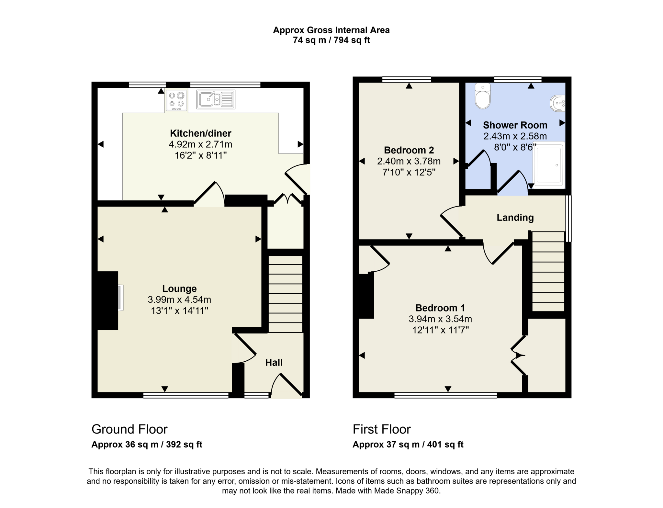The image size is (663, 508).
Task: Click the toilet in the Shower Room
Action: tap(482, 96)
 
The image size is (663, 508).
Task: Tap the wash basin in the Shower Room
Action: tap(558, 103)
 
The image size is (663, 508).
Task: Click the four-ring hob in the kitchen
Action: tap(176, 100)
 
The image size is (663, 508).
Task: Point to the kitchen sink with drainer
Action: tap(216, 99)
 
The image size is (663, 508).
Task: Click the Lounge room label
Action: tap(179, 288)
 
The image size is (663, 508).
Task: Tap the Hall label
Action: tap(274, 362)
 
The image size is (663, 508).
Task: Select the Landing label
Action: tap(515, 218)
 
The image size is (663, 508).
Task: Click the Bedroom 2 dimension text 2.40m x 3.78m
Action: tap(409, 161)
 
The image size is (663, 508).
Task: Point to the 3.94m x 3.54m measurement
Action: tap(440, 319)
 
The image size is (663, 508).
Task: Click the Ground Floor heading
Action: tap(129, 429)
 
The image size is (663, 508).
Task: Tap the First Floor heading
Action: tap(381, 429)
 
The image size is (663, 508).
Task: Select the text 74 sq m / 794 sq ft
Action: tap(331, 40)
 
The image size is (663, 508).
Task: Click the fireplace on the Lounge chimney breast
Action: tap(120, 298)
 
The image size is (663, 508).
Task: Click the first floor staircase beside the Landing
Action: tap(548, 271)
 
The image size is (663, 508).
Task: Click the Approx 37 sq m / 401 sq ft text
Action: tap(408, 445)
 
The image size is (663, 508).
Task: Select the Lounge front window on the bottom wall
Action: tap(186, 395)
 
